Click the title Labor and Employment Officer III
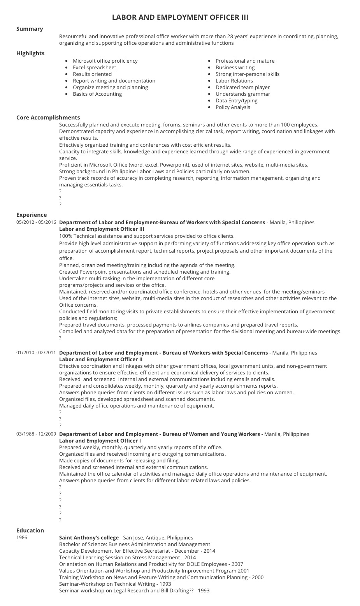pyautogui.click(x=180, y=17)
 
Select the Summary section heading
pyautogui.click(x=30, y=29)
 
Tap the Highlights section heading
pyautogui.click(x=30, y=53)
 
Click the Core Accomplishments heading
pyautogui.click(x=48, y=118)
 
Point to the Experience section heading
pyautogui.click(x=32, y=215)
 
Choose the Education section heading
pyautogui.click(x=30, y=530)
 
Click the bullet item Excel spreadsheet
pyautogui.click(x=94, y=67)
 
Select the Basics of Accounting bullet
pyautogui.click(x=97, y=94)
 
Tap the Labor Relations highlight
pyautogui.click(x=234, y=81)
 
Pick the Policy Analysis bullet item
pyautogui.click(x=233, y=107)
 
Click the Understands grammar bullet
pyautogui.click(x=242, y=94)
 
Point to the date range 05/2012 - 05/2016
pyautogui.click(x=36, y=222)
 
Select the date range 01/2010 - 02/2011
pyautogui.click(x=36, y=353)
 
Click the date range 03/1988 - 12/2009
pyautogui.click(x=36, y=434)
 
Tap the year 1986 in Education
pyautogui.click(x=22, y=537)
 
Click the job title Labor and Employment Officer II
pyautogui.click(x=101, y=359)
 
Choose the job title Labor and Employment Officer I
pyautogui.click(x=100, y=441)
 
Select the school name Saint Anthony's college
pyautogui.click(x=89, y=537)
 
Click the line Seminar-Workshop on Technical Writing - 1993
pyautogui.click(x=115, y=584)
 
